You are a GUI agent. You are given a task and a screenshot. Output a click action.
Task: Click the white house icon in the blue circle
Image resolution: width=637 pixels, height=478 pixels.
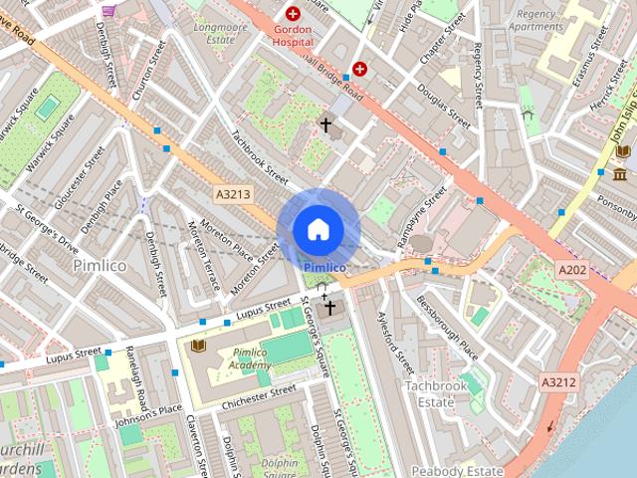click(x=318, y=230)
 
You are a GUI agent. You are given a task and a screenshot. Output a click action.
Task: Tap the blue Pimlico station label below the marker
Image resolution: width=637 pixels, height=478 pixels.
click(x=324, y=267)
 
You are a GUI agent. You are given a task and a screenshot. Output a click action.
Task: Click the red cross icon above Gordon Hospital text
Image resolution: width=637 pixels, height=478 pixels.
click(x=293, y=14)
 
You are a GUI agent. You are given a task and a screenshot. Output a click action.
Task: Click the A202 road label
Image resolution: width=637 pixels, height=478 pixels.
click(x=572, y=270)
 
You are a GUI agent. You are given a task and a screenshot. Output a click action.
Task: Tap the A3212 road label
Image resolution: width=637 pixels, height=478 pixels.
click(x=559, y=381)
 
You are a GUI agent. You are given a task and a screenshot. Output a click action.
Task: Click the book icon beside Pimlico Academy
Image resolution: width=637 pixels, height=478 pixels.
click(x=197, y=345)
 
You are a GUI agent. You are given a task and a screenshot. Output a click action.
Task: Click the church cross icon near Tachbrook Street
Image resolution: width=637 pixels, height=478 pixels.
click(x=324, y=125)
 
